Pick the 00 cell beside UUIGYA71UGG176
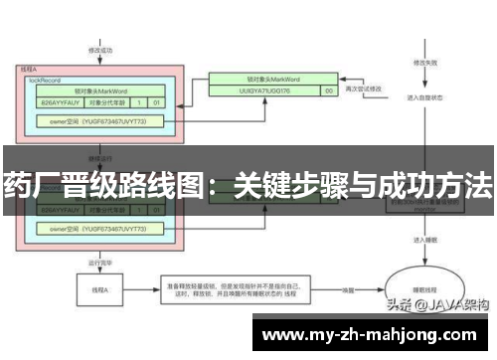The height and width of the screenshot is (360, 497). click(x=329, y=90)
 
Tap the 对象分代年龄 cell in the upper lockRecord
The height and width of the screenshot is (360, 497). click(x=108, y=101)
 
